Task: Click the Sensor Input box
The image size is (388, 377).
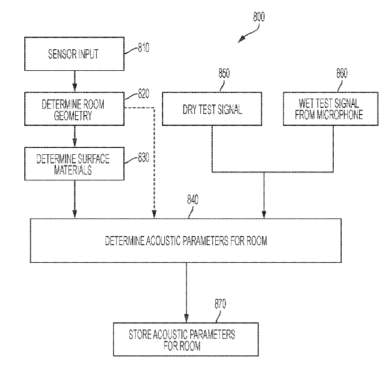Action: coord(73,56)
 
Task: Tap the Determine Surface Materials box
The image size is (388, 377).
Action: coord(73,163)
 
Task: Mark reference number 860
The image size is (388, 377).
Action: coord(341,74)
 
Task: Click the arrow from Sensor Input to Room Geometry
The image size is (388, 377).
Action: coord(74,80)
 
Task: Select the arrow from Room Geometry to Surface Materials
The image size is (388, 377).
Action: coord(74,136)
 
